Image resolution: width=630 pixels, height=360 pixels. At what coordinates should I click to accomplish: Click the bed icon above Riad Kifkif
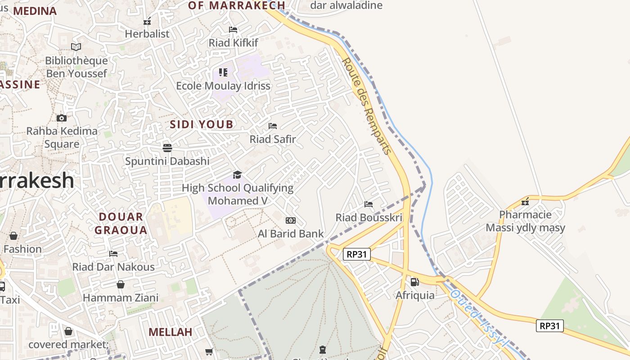[233, 30]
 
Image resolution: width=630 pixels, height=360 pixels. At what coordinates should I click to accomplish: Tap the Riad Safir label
[273, 139]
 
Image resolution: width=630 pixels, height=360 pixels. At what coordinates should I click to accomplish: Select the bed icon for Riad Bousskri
[369, 204]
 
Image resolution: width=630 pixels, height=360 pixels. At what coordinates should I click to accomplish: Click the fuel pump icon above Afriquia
[414, 282]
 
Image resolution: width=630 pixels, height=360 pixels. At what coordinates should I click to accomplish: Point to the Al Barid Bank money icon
[291, 220]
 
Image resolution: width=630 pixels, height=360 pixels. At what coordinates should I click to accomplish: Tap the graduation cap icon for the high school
[237, 175]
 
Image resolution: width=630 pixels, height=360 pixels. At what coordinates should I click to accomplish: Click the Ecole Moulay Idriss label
[223, 86]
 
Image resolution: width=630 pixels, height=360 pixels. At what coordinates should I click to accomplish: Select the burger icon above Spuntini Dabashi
[167, 148]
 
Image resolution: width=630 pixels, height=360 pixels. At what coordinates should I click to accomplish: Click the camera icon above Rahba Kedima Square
[62, 118]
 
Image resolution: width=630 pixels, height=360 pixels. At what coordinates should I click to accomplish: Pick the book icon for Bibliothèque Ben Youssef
[76, 47]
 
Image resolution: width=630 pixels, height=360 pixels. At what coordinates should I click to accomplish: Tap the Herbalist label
[147, 34]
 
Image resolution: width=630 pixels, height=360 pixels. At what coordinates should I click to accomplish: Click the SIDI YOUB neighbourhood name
[202, 125]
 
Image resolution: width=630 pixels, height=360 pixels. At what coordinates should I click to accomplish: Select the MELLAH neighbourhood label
[170, 332]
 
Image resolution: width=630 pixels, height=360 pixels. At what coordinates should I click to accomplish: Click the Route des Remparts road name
[367, 106]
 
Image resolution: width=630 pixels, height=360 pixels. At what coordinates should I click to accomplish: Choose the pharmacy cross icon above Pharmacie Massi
[525, 202]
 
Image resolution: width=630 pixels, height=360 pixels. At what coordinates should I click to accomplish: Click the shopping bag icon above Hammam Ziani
[121, 284]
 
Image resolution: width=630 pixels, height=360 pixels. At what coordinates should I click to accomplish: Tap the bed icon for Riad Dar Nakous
[113, 254]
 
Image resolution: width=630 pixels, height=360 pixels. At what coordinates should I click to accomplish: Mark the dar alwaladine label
[346, 5]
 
